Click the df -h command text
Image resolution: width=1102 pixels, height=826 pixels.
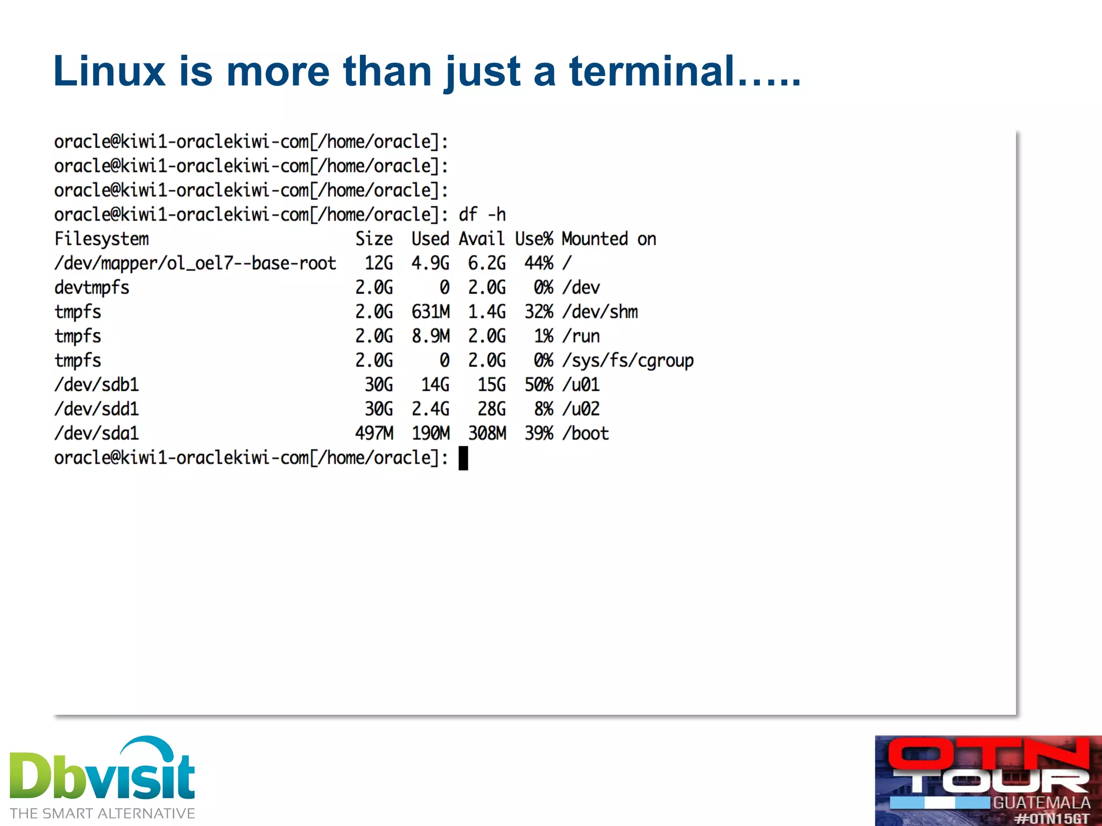pos(482,215)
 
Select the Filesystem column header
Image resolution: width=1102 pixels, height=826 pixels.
pos(102,239)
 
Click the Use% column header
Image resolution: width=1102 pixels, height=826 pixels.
pos(534,239)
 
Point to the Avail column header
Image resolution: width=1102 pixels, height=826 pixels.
pos(482,239)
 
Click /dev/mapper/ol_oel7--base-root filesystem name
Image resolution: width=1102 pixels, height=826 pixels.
pos(195,264)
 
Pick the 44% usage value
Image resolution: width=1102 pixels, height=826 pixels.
pos(539,264)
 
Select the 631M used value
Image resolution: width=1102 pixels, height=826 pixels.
pos(430,312)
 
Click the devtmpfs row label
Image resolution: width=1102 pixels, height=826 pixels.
pos(92,288)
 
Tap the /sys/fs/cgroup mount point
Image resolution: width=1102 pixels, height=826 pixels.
pos(627,360)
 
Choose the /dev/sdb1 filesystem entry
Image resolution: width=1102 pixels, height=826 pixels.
pos(97,384)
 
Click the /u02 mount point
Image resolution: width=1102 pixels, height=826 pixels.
pos(581,409)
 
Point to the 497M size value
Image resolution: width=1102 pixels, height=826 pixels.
pos(374,433)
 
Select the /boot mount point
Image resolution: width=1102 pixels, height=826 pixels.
pos(585,433)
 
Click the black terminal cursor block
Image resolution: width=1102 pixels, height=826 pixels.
pos(463,459)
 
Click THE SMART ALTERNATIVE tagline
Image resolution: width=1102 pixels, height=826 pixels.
pos(102,814)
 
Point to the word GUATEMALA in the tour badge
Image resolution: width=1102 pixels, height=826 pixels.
pos(1041,803)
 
